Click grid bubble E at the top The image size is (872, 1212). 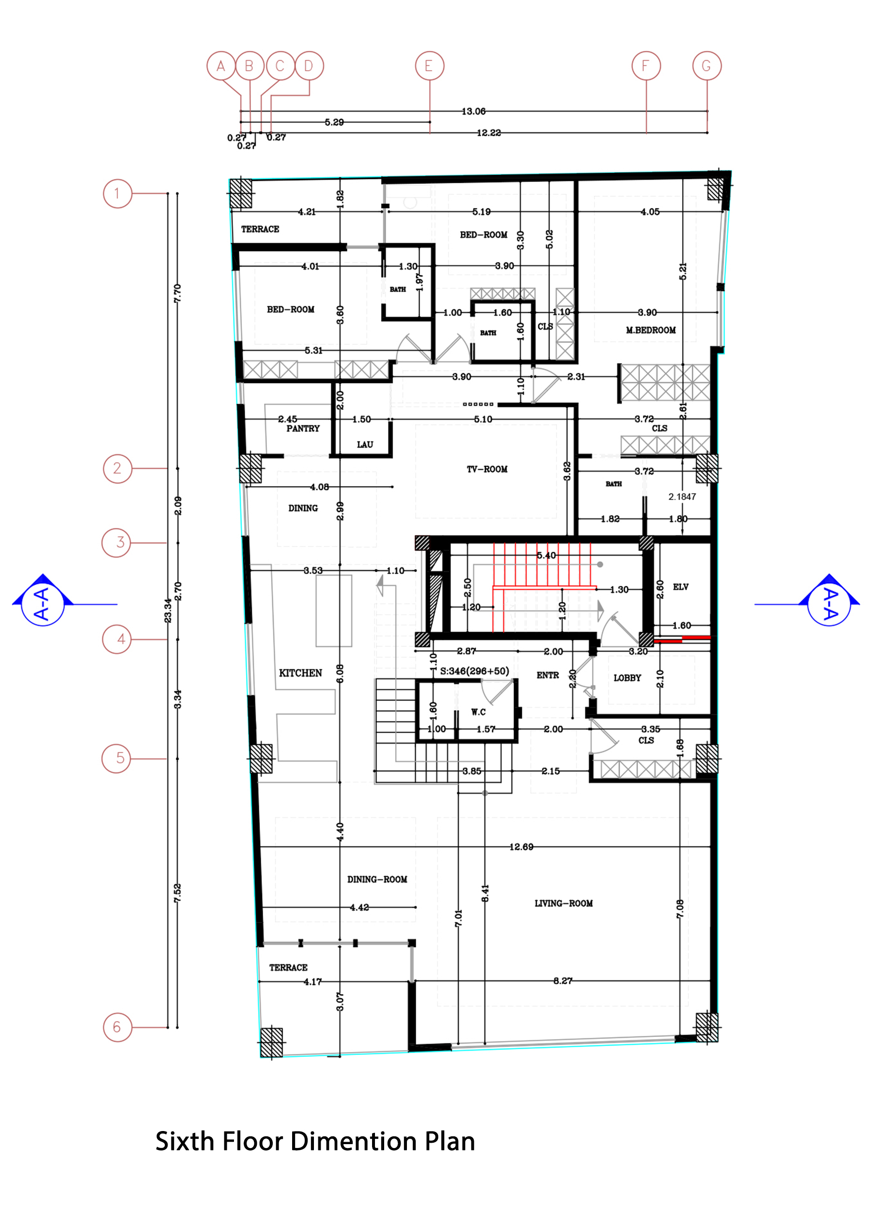(429, 66)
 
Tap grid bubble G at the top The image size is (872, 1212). (706, 66)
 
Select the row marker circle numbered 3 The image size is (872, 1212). (116, 542)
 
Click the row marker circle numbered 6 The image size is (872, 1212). (117, 1027)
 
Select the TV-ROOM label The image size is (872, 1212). (487, 469)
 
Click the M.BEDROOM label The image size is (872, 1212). (651, 330)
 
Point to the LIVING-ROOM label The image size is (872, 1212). (563, 903)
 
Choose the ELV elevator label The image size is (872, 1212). (680, 587)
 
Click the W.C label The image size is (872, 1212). (479, 711)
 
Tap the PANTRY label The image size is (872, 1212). (303, 428)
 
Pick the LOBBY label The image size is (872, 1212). (627, 678)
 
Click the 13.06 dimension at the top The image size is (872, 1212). (473, 111)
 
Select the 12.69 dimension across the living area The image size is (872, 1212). (521, 846)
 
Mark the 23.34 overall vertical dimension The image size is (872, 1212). (168, 610)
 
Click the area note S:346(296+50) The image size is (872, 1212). (474, 670)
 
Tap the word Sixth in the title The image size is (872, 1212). (185, 1141)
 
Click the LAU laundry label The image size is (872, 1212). (365, 444)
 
